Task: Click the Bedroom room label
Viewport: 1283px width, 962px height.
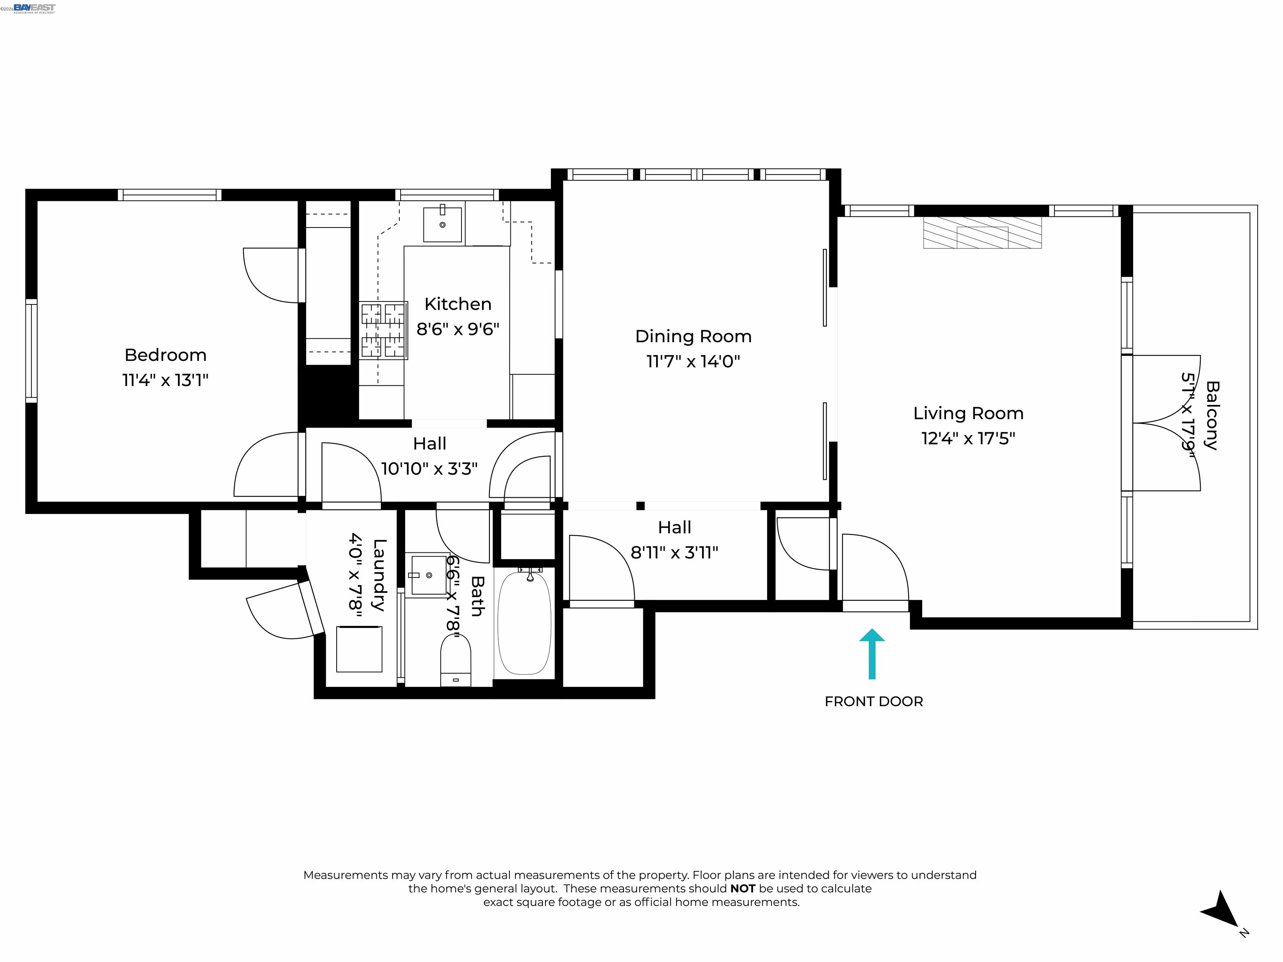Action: click(x=165, y=355)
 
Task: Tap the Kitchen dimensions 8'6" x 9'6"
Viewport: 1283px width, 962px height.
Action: click(x=458, y=329)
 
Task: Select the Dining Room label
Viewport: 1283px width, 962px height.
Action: click(x=693, y=336)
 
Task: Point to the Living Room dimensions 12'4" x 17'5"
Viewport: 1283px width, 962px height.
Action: click(x=968, y=438)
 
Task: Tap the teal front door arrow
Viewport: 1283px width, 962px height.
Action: click(x=871, y=653)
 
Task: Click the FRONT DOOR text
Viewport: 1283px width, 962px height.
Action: click(x=874, y=701)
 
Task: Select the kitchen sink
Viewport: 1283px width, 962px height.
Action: click(x=443, y=223)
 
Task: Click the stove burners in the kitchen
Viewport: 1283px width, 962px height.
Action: click(x=383, y=330)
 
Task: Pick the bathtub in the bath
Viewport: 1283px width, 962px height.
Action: click(x=524, y=622)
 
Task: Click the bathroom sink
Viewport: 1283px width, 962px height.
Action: click(x=429, y=575)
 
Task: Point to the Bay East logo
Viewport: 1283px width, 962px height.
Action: click(x=34, y=8)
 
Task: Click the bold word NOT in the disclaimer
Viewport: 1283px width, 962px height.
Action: click(x=743, y=889)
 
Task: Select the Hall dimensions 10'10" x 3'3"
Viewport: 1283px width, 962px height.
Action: click(x=429, y=468)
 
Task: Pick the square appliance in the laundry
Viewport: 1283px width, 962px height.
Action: click(x=360, y=649)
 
